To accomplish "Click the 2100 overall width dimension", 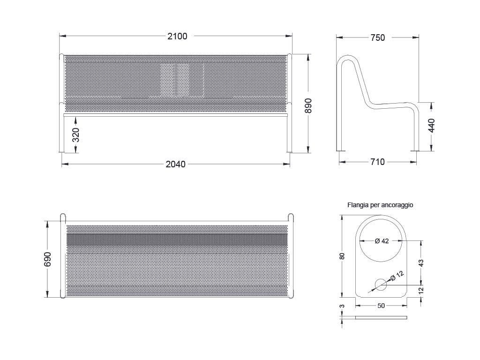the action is [177, 37].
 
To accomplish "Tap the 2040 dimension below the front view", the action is [176, 165].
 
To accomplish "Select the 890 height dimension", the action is [308, 105].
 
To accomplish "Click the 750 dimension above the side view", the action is [377, 37].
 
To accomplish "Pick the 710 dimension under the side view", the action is [377, 162].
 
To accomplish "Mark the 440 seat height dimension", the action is [431, 126].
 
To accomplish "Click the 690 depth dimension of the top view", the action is [47, 259].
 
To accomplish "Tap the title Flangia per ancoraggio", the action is [380, 205].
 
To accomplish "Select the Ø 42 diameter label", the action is [382, 241].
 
